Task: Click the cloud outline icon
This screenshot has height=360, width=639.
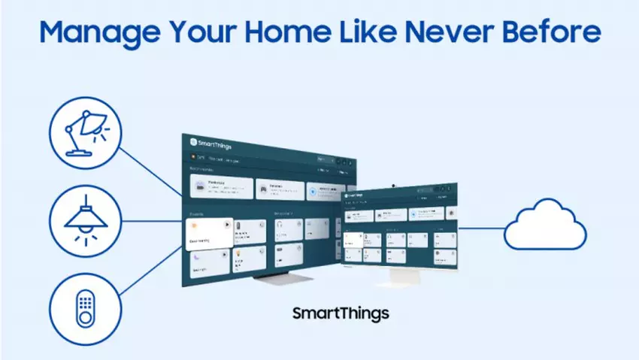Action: point(544,225)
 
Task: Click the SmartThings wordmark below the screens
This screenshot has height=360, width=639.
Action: point(341,312)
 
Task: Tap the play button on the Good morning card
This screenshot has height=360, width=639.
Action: point(226,224)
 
